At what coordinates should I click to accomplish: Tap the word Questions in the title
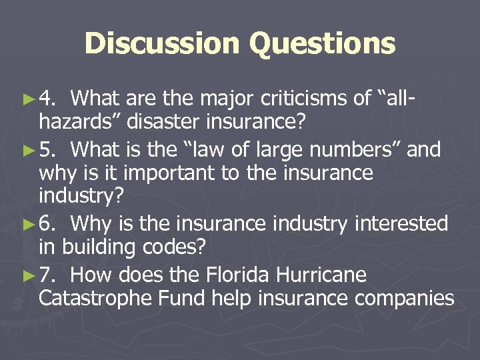tap(323, 44)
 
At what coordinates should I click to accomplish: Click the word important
tap(151, 174)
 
